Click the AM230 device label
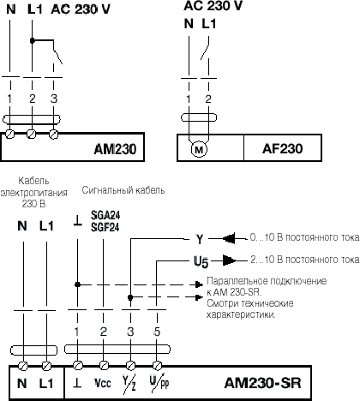[x=115, y=149]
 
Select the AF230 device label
[x=282, y=148]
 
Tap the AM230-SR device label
[x=262, y=383]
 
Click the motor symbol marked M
[x=199, y=149]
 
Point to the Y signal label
[x=200, y=239]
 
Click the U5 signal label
[x=201, y=262]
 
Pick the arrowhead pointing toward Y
[x=229, y=238]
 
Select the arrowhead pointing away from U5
[x=229, y=260]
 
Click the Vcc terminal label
[x=102, y=383]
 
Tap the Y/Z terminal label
[x=129, y=384]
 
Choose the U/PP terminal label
[x=159, y=382]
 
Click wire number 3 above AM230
[x=54, y=99]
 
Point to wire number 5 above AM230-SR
[x=157, y=332]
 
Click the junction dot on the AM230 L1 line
[x=33, y=41]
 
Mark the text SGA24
[x=105, y=215]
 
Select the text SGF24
[x=105, y=227]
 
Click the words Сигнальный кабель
[x=123, y=190]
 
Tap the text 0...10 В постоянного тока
[x=304, y=237]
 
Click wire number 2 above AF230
[x=208, y=99]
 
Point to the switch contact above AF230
[x=205, y=49]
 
